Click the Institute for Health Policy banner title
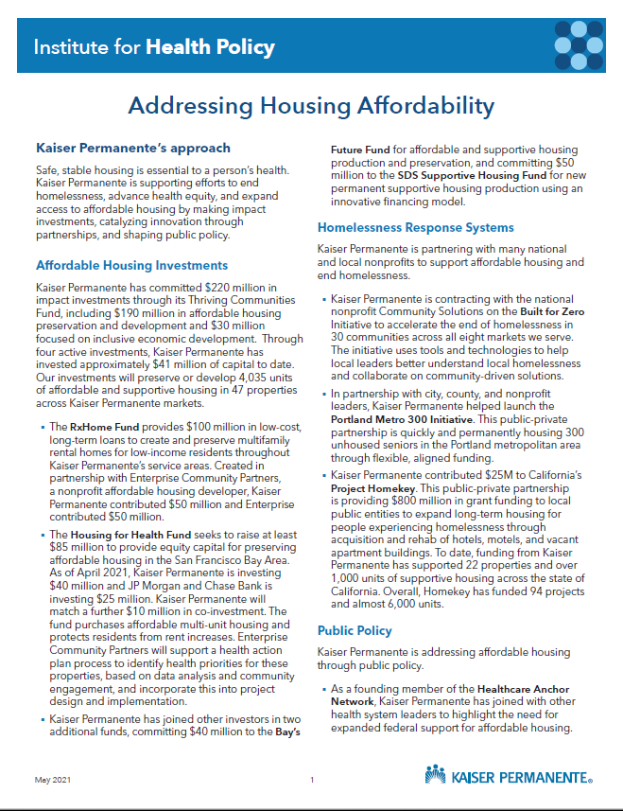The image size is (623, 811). click(x=153, y=46)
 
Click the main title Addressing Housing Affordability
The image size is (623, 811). click(x=311, y=105)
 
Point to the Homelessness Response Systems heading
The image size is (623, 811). click(x=415, y=227)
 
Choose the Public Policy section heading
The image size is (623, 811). click(x=355, y=629)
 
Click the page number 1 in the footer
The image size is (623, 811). click(x=311, y=780)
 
